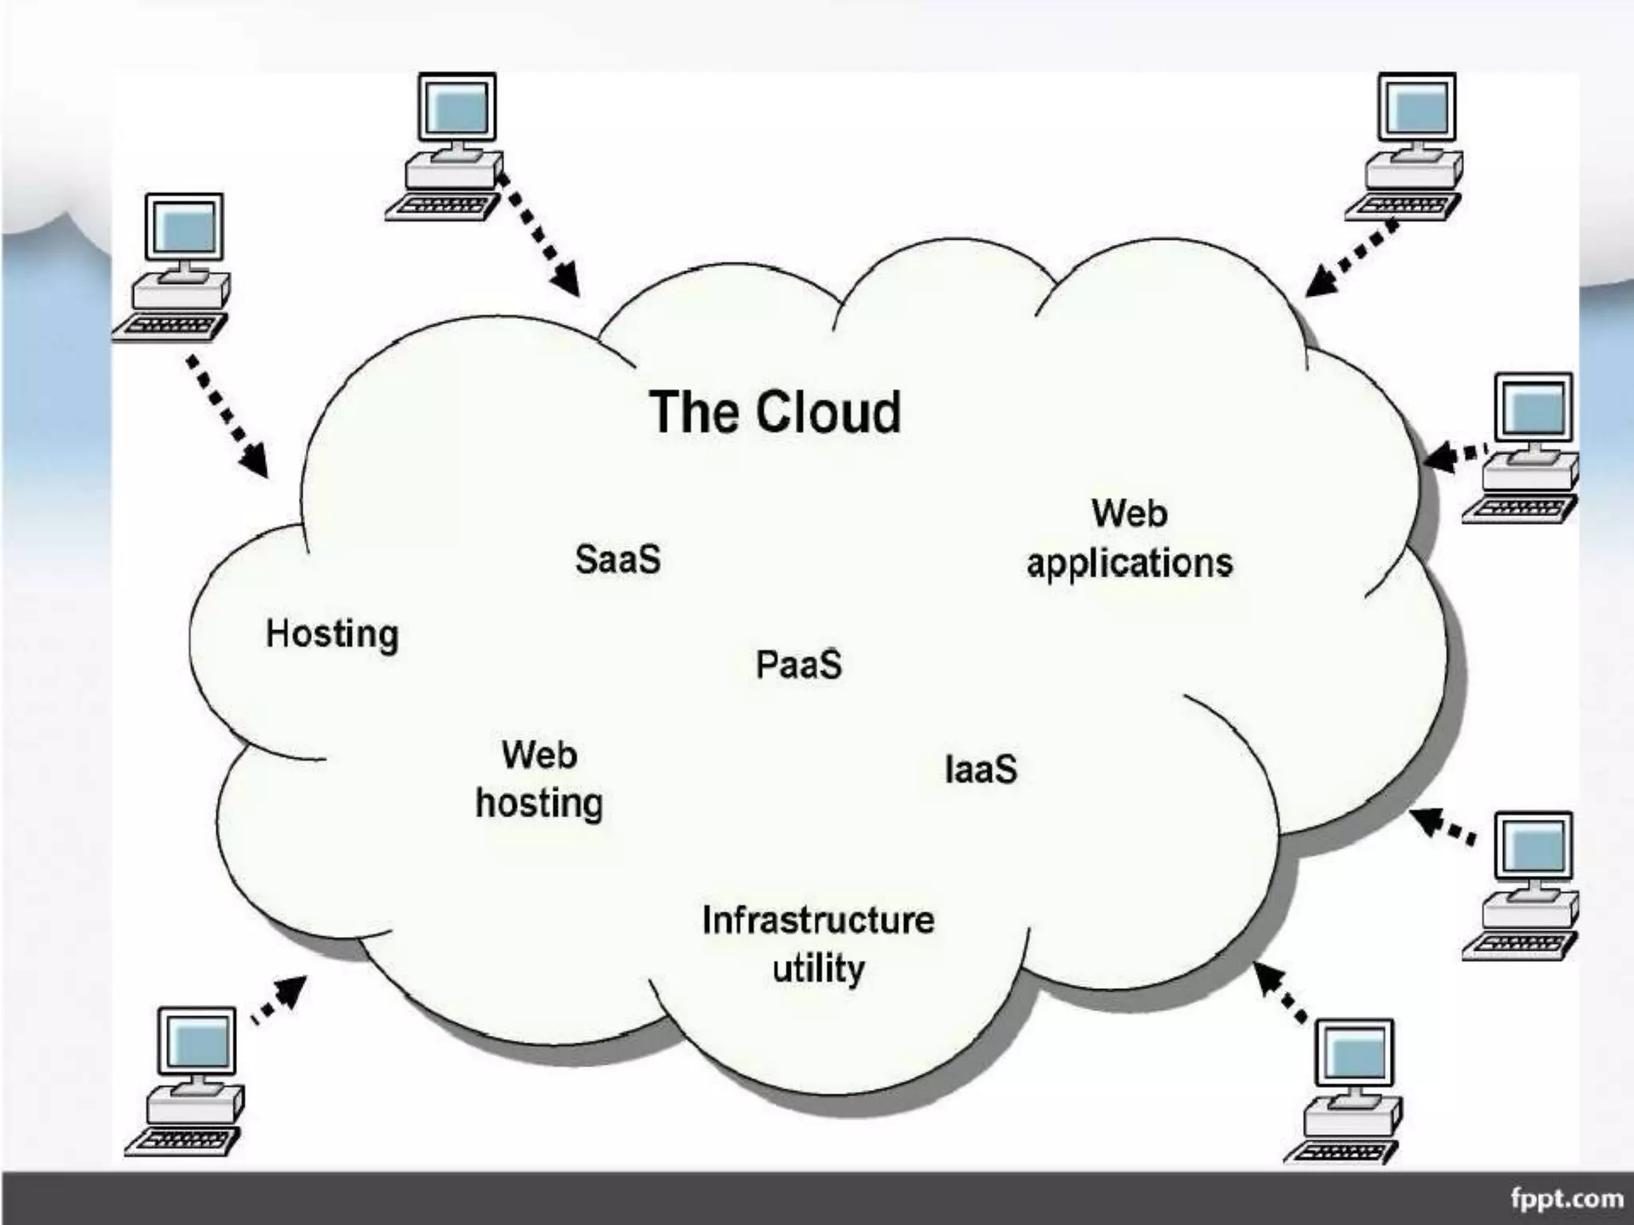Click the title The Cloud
pos(775,412)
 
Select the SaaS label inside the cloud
pos(618,559)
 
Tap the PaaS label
pos(799,664)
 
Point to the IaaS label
pos(981,770)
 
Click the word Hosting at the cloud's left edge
pos(332,635)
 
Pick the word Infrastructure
pos(818,920)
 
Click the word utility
pos(819,970)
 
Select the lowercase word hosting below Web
pos(539,803)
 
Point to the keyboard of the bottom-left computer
pos(182,1140)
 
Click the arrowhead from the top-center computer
pos(567,280)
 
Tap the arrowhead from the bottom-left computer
pos(293,989)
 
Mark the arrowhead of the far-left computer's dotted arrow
pos(255,462)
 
